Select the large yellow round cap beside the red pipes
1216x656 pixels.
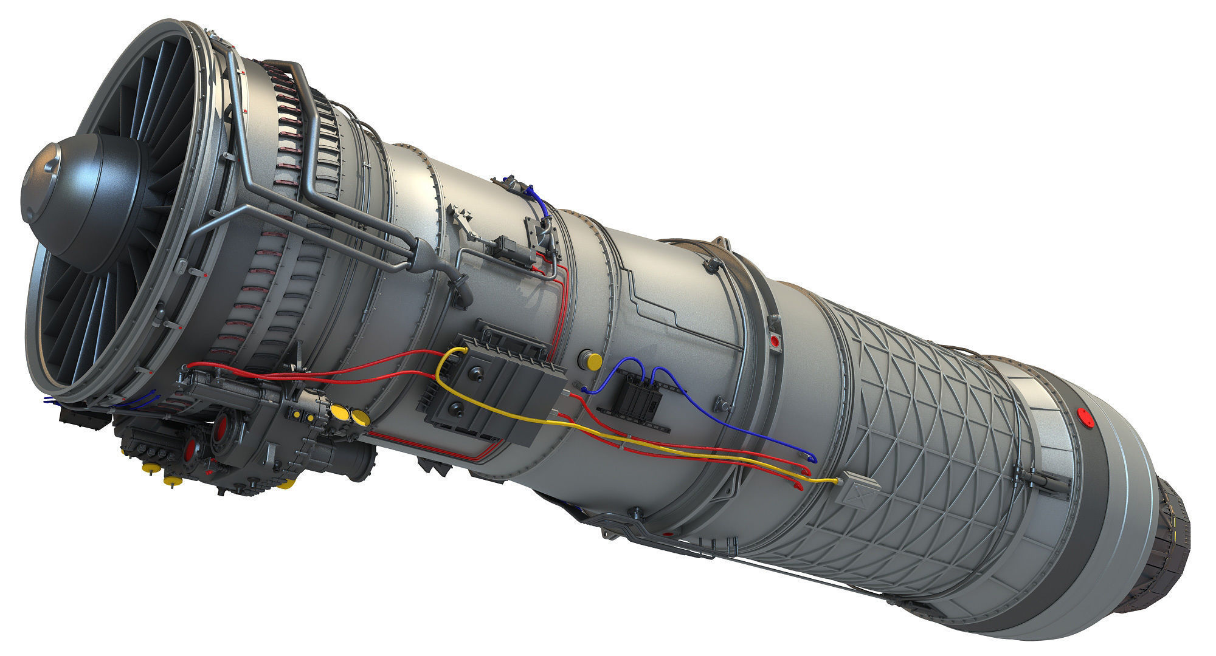tap(592, 360)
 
